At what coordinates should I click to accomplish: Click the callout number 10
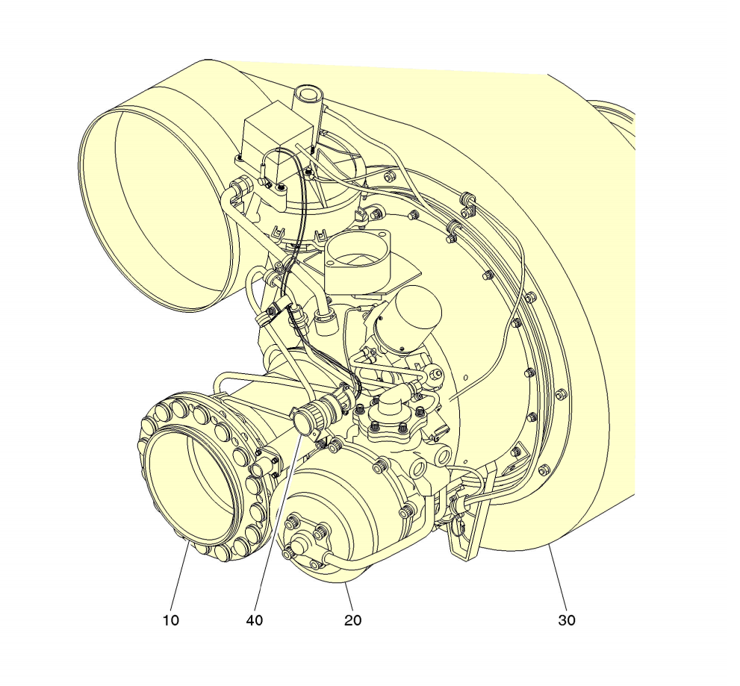click(x=171, y=620)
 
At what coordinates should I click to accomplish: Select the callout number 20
click(x=353, y=620)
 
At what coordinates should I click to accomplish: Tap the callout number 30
click(x=567, y=620)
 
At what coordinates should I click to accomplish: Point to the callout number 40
click(x=255, y=620)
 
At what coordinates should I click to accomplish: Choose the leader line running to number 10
click(x=179, y=575)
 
